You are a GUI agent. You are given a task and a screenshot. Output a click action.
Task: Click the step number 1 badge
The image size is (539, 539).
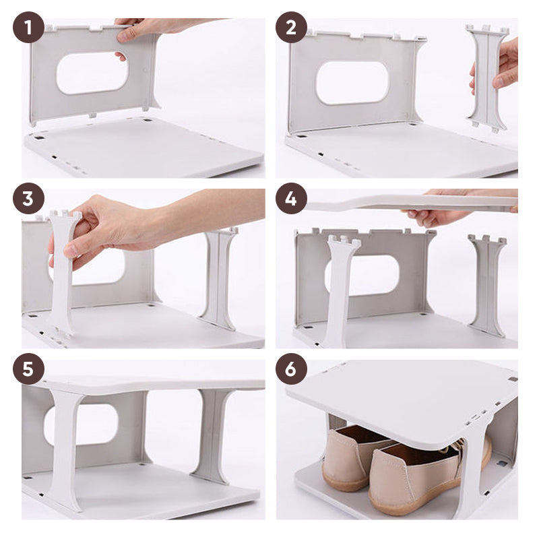tap(28, 27)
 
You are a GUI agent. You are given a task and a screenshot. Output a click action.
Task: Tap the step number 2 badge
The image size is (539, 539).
tap(291, 27)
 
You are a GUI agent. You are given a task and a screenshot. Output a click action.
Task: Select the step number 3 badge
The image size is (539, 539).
tap(28, 198)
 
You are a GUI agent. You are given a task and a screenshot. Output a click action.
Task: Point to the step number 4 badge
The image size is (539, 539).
tap(291, 198)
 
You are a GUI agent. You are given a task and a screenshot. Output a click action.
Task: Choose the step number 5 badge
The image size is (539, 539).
tap(28, 369)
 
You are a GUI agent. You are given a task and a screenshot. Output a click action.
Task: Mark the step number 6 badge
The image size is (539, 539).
tap(291, 369)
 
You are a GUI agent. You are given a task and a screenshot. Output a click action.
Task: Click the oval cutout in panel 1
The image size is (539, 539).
tap(92, 73)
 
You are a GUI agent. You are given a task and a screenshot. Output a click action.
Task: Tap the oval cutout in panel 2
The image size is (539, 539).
tap(352, 83)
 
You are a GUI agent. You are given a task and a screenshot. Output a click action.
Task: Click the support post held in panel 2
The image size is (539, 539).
tap(487, 78)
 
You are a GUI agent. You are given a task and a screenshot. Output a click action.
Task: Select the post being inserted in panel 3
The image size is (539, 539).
tap(63, 272)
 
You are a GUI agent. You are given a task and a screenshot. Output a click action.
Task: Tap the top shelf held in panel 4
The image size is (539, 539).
tap(412, 203)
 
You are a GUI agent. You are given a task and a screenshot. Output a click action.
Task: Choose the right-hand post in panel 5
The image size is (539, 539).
tap(212, 435)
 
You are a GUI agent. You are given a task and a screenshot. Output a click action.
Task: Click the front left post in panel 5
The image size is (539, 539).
tap(66, 447)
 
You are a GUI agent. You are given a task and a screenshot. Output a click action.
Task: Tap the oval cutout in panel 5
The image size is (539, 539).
tap(82, 425)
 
